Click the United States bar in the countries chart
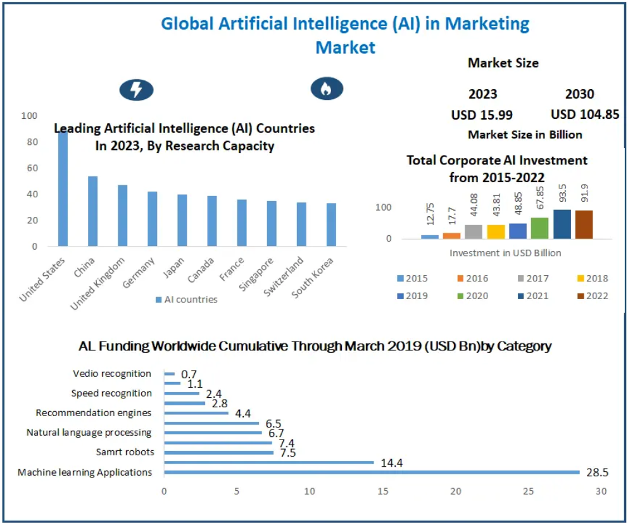[63, 190]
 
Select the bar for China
[92, 211]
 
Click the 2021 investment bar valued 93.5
[562, 225]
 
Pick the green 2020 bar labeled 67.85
[539, 228]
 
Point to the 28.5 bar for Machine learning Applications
[372, 472]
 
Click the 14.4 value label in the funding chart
[391, 463]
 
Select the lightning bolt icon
[136, 90]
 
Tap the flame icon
[327, 89]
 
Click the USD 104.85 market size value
[584, 114]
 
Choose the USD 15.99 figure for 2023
[482, 115]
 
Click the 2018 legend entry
[591, 278]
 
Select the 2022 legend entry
[591, 295]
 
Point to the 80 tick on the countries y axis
[30, 142]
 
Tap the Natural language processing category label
[89, 433]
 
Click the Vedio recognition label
[112, 374]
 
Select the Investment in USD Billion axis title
[505, 252]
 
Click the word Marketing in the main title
[487, 24]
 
